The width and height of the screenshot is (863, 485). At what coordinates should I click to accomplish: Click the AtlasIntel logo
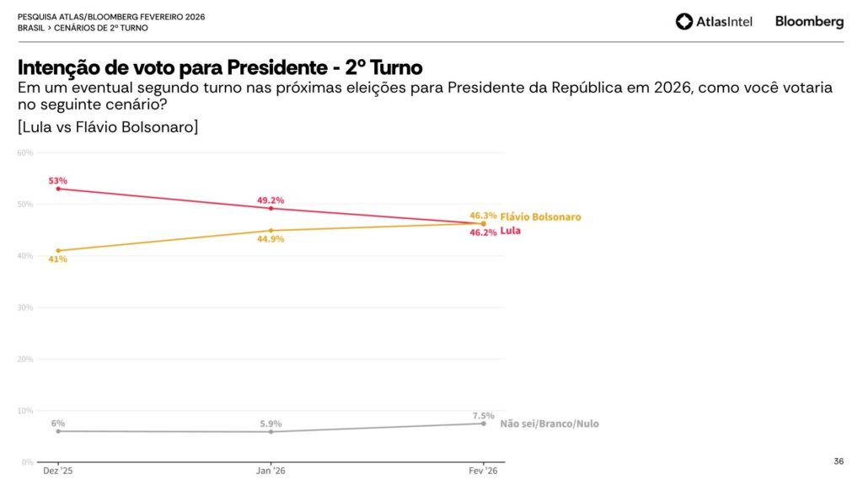[x=714, y=22]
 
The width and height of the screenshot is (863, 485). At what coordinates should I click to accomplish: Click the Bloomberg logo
[x=809, y=22]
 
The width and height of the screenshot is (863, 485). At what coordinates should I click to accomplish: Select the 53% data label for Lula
[x=58, y=180]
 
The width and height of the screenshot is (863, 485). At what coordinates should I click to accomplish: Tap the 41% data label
[x=57, y=259]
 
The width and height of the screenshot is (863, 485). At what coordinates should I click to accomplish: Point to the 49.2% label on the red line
[x=271, y=200]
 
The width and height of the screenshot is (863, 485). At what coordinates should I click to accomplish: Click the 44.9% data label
[x=271, y=239]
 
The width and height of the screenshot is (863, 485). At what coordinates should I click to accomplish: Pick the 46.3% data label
[x=483, y=216]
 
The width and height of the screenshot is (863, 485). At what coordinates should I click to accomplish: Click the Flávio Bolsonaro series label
[x=540, y=217]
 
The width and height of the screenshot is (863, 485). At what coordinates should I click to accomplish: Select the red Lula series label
[x=510, y=231]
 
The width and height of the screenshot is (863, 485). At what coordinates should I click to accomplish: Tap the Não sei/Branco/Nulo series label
[x=549, y=424]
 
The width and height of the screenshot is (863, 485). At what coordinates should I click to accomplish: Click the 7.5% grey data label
[x=483, y=416]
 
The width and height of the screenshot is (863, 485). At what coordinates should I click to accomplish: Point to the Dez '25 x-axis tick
[x=58, y=471]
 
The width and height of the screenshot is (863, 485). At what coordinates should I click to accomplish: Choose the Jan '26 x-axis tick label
[x=271, y=471]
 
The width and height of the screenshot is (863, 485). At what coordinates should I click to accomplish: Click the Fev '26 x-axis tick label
[x=483, y=471]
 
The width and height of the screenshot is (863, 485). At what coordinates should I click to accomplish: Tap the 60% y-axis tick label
[x=25, y=152]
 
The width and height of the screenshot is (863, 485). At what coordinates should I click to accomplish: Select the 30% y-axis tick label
[x=25, y=307]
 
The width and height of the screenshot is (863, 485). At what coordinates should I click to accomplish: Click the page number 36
[x=838, y=461]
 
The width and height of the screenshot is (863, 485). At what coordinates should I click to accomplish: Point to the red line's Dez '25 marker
[x=58, y=189]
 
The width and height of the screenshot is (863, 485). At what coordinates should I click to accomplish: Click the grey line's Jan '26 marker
[x=271, y=432]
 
